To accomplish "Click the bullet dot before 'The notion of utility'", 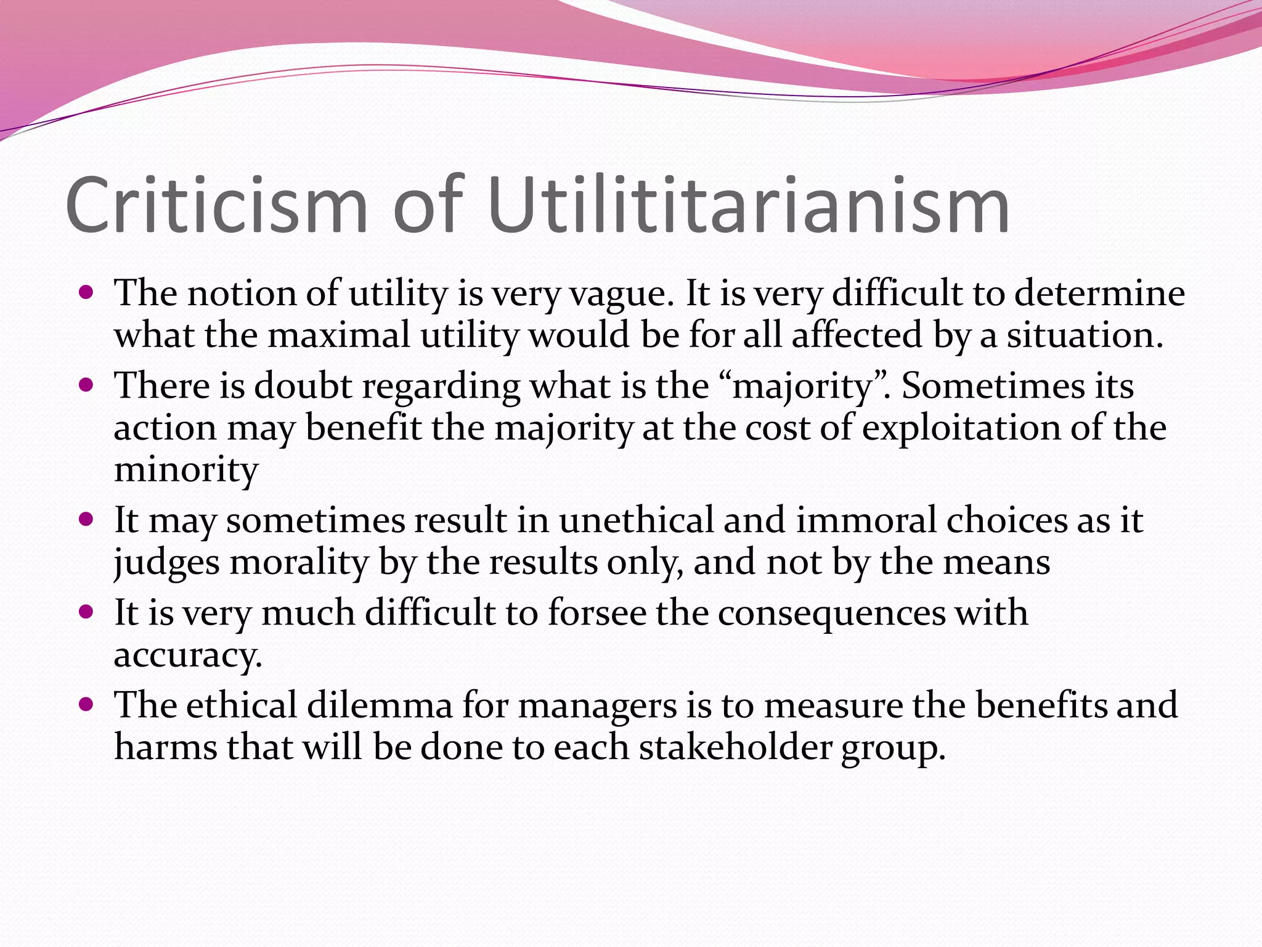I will pos(86,291).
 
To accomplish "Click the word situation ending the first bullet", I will pos(1085,336).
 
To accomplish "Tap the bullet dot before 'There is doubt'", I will pos(86,385).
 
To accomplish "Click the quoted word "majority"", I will pos(805,388).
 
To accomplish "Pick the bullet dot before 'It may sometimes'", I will pos(86,519).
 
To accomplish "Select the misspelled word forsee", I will pos(597,613).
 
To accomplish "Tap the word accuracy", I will pos(188,656).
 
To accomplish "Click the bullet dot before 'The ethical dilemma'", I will pos(86,703).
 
